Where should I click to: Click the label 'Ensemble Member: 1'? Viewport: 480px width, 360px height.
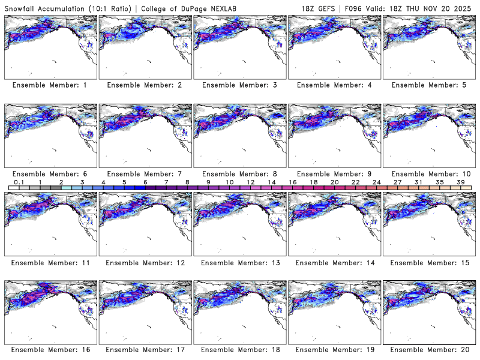(x=49, y=85)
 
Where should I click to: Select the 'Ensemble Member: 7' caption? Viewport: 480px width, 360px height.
(x=144, y=173)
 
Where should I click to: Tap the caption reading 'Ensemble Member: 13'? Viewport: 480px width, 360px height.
(x=239, y=262)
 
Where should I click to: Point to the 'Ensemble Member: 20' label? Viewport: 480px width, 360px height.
(x=428, y=350)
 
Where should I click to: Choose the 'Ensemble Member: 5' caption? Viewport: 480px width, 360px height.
(x=428, y=85)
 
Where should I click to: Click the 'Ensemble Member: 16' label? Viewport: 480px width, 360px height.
(x=49, y=350)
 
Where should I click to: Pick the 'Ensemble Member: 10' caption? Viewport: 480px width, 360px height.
(x=428, y=173)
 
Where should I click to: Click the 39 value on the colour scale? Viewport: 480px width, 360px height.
(x=461, y=182)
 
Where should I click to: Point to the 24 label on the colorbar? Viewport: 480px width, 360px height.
(x=376, y=182)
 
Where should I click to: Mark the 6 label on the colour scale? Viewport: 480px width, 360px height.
(x=145, y=182)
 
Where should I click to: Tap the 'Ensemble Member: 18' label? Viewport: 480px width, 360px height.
(x=239, y=350)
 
